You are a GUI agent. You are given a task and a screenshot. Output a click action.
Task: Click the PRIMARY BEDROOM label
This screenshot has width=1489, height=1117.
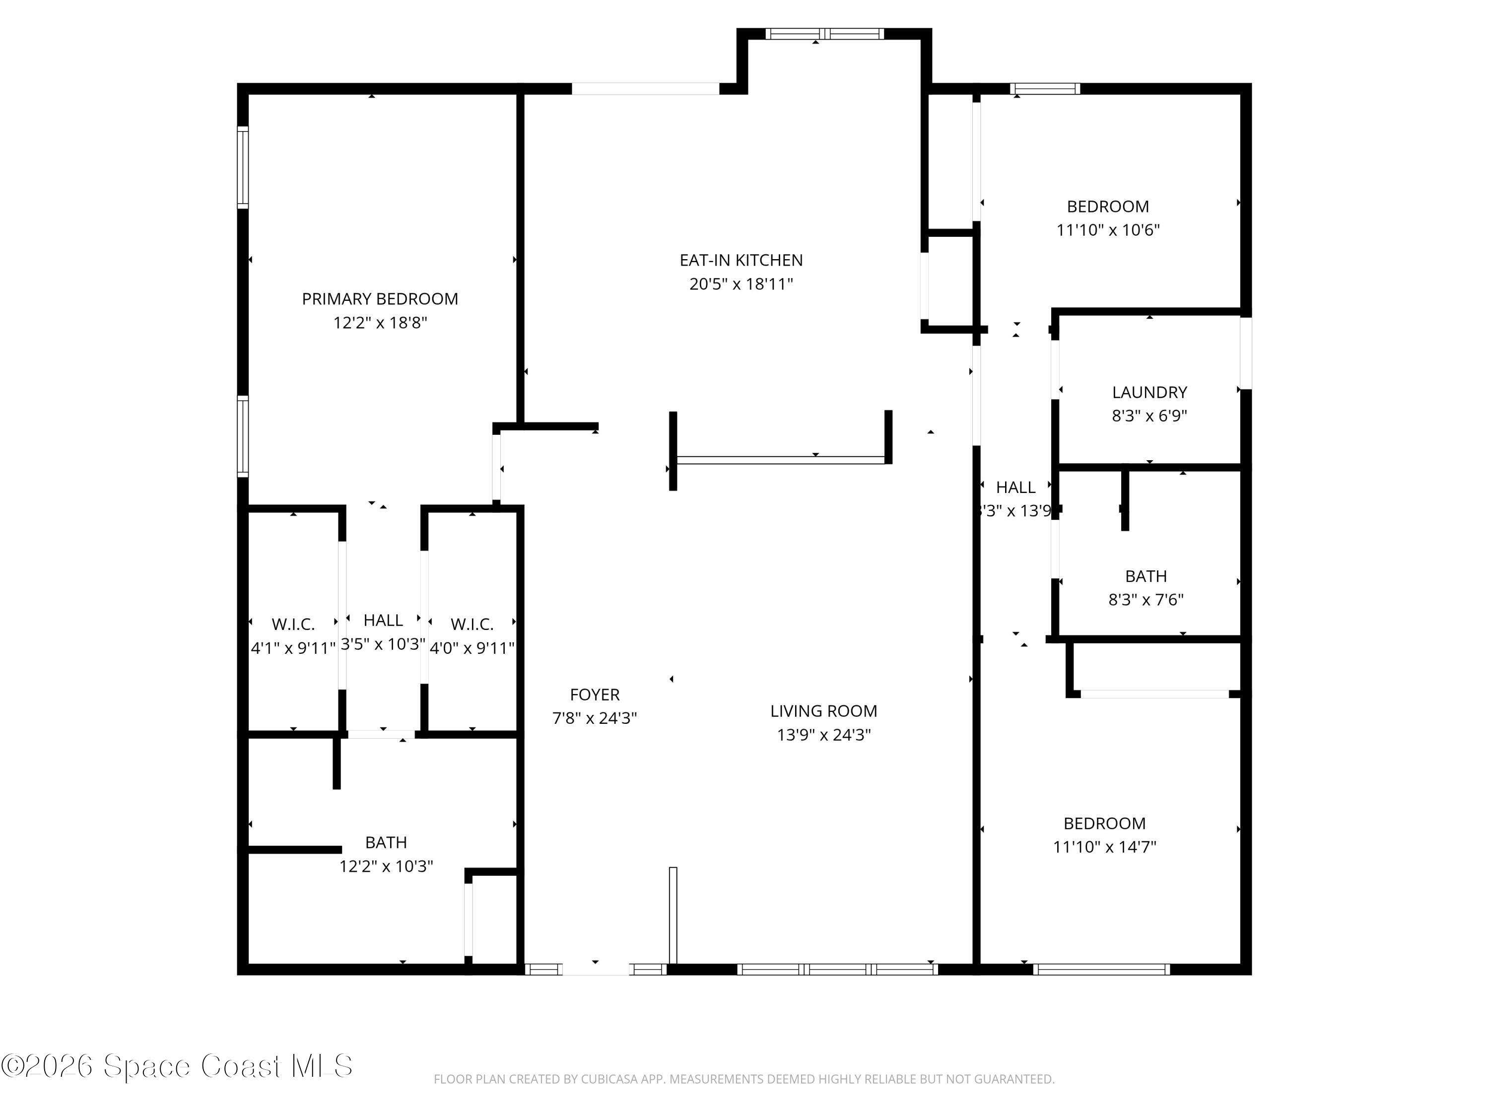coord(380,299)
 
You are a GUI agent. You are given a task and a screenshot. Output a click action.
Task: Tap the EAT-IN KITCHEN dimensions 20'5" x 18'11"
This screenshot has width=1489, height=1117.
coord(741,284)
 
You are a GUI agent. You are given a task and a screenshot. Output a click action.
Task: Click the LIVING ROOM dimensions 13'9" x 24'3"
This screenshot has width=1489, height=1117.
coord(824,735)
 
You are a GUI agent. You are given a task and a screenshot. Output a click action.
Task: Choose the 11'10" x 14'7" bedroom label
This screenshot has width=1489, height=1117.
coord(1104,824)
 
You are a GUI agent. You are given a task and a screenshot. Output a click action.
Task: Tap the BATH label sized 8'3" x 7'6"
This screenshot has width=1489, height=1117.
coord(1146,576)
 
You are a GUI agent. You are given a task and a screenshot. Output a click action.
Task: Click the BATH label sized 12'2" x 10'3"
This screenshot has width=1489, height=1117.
coord(386,843)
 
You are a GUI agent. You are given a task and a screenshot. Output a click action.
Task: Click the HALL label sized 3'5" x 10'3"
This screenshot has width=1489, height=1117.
coord(383,621)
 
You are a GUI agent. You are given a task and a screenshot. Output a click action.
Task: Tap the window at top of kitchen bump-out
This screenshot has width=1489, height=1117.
coord(824,34)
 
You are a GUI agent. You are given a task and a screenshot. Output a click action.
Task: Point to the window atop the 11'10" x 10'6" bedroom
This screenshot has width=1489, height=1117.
coord(1045,89)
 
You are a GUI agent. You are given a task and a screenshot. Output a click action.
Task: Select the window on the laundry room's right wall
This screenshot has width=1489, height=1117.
coord(1246,353)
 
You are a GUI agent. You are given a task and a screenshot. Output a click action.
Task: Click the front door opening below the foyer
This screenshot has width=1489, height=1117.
coord(596,970)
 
